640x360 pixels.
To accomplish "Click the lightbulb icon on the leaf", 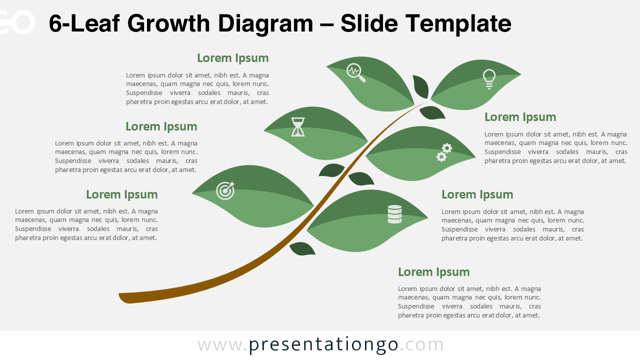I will click(488, 79).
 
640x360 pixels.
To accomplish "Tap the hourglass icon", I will click(298, 127).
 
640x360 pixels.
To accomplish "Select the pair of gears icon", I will click(444, 152).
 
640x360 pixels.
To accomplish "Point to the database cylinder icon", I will click(394, 214).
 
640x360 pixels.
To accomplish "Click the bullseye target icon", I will click(225, 190).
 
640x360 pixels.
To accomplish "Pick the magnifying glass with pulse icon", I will click(355, 72).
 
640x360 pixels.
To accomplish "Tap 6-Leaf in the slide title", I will click(84, 23).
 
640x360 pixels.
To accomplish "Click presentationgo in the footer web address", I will click(323, 345).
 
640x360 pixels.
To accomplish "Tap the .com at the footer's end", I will click(422, 345).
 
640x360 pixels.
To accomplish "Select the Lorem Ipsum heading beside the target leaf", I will click(121, 194).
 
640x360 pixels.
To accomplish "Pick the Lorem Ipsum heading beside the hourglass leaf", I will click(161, 126).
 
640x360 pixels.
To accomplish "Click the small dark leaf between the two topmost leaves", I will click(420, 86).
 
